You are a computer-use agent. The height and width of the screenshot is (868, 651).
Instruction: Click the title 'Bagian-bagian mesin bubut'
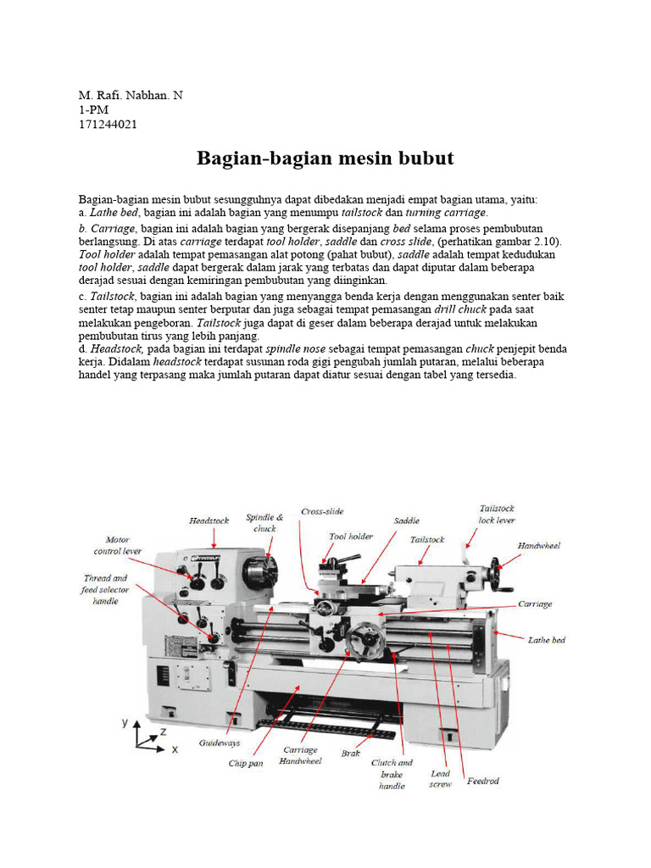(325, 159)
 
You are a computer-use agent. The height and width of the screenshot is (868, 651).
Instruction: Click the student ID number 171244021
(108, 125)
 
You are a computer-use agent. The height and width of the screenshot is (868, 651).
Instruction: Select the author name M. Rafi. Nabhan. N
(131, 95)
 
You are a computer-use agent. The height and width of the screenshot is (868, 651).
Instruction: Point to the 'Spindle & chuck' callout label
(264, 522)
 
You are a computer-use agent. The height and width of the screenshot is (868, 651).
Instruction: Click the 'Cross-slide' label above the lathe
(322, 511)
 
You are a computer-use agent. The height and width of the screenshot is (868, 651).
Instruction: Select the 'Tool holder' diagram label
(351, 537)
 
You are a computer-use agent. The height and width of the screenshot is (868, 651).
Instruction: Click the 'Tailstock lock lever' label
(497, 514)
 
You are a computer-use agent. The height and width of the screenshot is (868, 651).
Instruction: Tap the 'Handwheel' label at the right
(538, 545)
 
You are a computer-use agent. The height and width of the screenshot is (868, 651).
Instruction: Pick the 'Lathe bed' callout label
(546, 640)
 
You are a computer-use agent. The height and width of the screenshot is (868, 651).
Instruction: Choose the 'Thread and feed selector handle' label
(105, 589)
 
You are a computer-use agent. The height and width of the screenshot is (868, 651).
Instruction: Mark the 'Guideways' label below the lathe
(220, 743)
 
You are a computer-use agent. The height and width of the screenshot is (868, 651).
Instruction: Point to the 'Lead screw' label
(440, 779)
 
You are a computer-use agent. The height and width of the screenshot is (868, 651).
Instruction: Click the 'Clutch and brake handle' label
(392, 774)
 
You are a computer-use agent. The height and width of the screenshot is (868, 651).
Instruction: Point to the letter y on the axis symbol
(125, 722)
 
